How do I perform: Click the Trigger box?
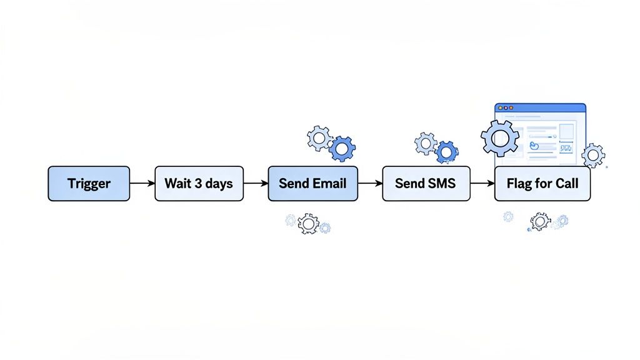point(89,183)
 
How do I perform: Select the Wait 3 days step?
point(199,183)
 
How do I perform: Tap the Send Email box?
point(312,183)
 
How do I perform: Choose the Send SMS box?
point(426,183)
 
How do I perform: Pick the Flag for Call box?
point(542,183)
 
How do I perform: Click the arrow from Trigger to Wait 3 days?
point(142,183)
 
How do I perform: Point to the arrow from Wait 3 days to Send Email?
point(256,183)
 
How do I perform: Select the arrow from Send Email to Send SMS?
point(370,183)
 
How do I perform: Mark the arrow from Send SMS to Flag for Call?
point(482,183)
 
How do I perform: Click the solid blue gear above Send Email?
point(342,148)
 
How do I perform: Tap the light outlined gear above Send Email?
point(320,137)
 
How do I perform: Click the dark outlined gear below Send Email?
point(308,222)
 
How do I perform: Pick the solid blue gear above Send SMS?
point(446,151)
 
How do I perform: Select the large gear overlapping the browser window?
point(499,137)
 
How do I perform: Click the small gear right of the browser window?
point(592,154)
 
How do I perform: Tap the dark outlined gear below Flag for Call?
point(539,221)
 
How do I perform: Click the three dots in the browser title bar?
point(504,108)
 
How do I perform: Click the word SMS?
point(441,183)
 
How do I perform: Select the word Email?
point(329,183)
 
